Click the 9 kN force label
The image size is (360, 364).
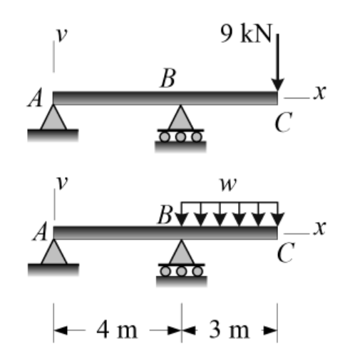(x=246, y=34)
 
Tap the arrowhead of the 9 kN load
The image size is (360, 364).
(x=277, y=85)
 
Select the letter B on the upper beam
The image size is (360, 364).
(x=168, y=79)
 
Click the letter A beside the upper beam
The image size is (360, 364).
(x=36, y=97)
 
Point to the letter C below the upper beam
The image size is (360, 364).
(x=284, y=122)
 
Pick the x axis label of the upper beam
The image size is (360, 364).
(x=320, y=92)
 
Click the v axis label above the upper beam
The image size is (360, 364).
(x=61, y=35)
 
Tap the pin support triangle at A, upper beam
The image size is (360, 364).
(x=53, y=118)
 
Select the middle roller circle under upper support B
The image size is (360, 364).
(x=180, y=137)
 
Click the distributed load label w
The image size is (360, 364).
(x=229, y=184)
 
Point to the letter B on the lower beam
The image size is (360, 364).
(x=165, y=215)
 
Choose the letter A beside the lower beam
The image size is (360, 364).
(x=40, y=231)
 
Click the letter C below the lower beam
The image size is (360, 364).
(x=286, y=253)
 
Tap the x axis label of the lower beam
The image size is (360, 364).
(x=319, y=228)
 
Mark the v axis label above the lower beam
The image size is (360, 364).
(x=62, y=183)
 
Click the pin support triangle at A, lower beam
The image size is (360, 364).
(x=54, y=252)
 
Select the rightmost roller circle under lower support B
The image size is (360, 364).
(x=197, y=271)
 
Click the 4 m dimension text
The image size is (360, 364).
(x=117, y=330)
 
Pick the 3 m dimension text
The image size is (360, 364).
(x=230, y=330)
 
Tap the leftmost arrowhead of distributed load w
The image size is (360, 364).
(x=182, y=219)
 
